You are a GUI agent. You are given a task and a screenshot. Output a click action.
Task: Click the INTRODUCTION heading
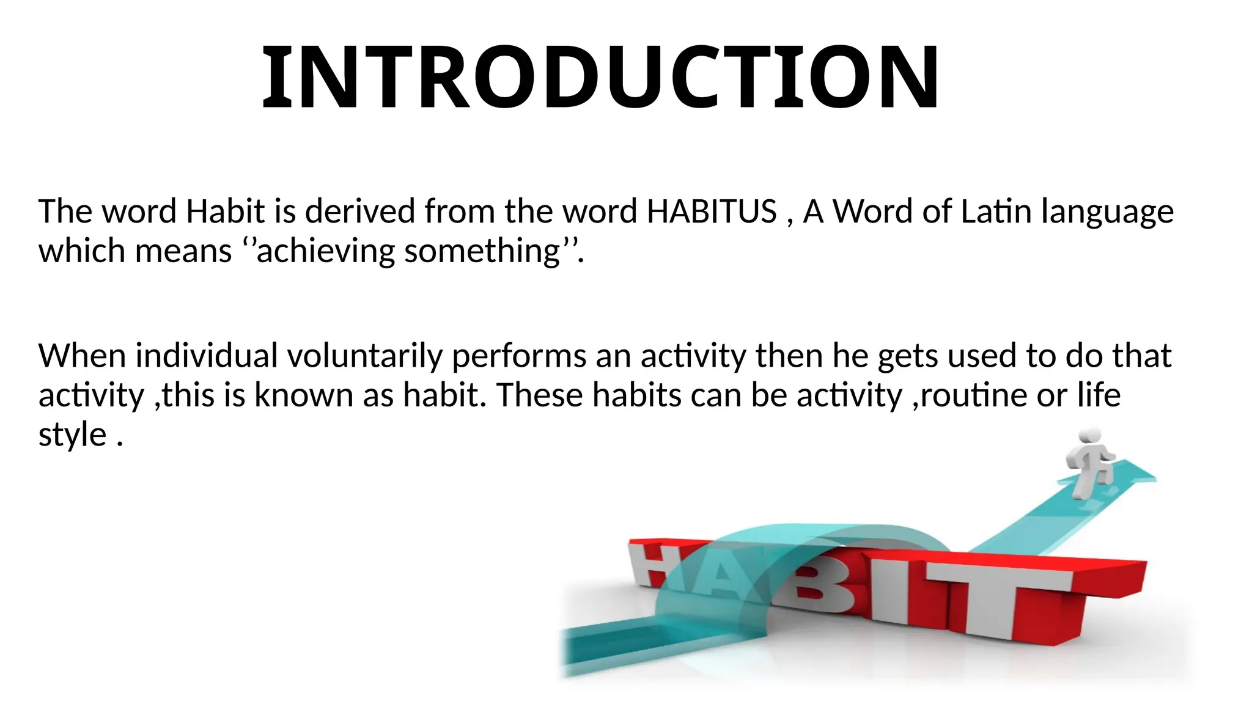tap(600, 78)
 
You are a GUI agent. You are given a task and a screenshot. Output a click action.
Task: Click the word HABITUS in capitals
tap(712, 211)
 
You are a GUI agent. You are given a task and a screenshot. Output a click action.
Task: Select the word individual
tap(206, 356)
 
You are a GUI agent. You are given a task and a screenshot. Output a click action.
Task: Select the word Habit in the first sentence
tap(225, 211)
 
